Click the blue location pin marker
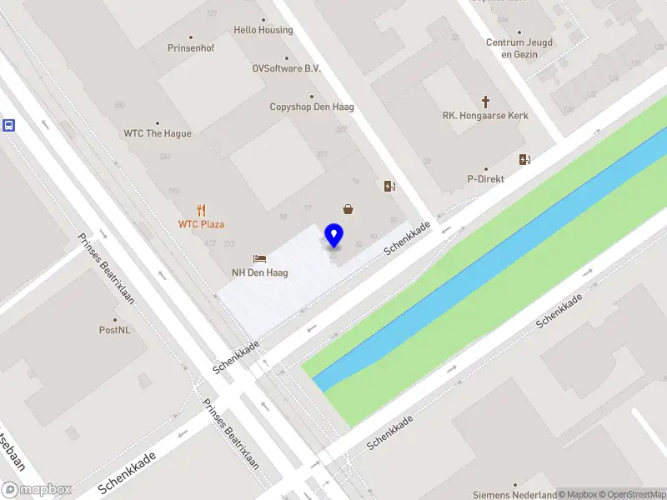[x=334, y=235]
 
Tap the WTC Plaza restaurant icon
[x=201, y=210]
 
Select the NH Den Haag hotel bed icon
[x=259, y=259]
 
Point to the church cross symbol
[x=485, y=102]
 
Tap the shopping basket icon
[x=347, y=209]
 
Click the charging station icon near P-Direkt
[x=524, y=160]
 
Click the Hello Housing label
[x=263, y=30]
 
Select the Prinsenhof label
[x=191, y=48]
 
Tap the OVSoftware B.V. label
[x=287, y=69]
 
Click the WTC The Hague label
[x=158, y=133]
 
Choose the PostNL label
[x=115, y=330]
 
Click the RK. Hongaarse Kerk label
[x=485, y=117]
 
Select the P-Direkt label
[x=486, y=179]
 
